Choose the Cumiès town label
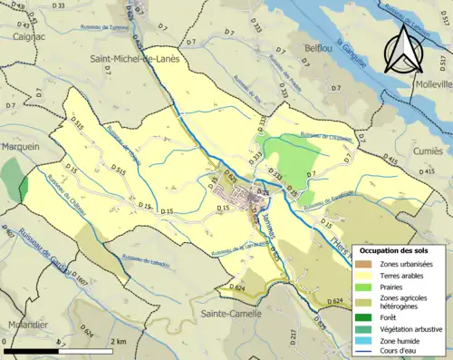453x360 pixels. pos(428,151)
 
